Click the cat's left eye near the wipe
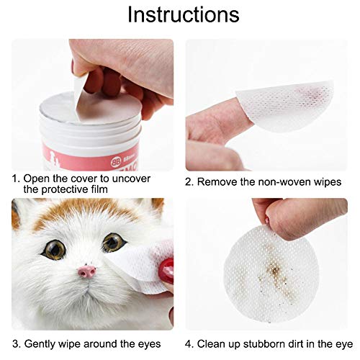coord(113,243)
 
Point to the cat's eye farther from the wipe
coord(53,250)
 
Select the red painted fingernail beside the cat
coord(167,271)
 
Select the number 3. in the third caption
coord(16,343)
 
